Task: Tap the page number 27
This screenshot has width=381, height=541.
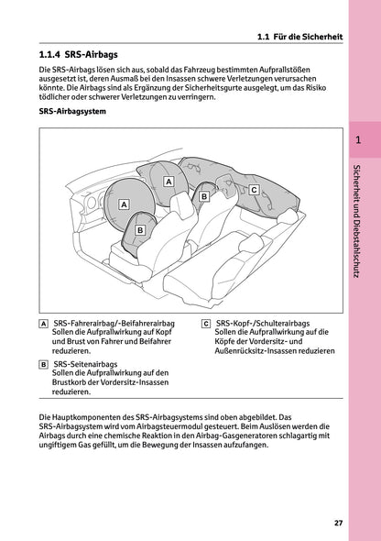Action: [339, 523]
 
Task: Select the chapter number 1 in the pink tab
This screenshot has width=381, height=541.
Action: [358, 141]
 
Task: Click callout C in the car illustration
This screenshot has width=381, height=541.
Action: [254, 189]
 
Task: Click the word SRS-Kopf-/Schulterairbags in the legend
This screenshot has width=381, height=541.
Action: [261, 324]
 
